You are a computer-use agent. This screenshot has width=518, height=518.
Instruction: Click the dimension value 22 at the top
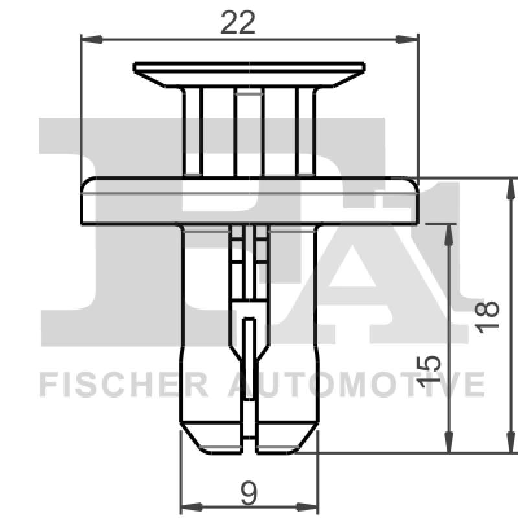238,24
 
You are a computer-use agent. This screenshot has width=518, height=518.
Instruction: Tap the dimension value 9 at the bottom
249,494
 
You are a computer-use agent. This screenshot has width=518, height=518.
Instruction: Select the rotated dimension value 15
429,372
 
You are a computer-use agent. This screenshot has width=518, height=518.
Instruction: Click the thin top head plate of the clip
249,67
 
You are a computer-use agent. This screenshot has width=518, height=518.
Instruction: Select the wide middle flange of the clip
250,201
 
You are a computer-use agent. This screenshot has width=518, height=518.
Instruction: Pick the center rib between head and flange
249,133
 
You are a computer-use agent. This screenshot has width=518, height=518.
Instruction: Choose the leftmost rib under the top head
192,133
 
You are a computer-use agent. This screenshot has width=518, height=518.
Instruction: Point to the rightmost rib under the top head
305,133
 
